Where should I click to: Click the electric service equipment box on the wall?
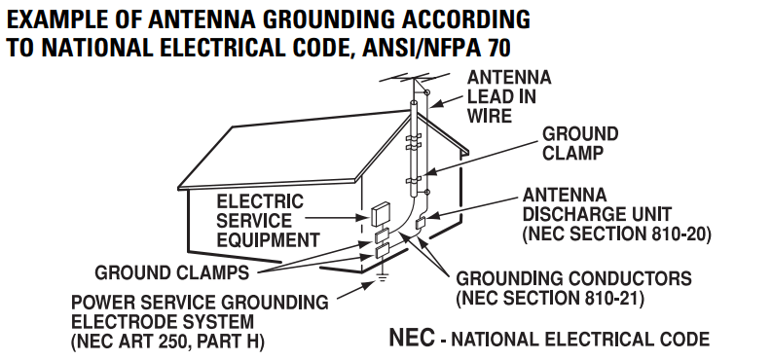pos(379,214)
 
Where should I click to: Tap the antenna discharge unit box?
pos(421,222)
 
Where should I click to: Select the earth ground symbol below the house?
pos(381,277)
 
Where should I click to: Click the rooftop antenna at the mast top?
pos(415,78)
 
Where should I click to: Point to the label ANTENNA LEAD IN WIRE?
pos(509,96)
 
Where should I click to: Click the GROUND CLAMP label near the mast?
pos(579,143)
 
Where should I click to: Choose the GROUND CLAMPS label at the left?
pos(172,272)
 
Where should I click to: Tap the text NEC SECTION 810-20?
pos(616,234)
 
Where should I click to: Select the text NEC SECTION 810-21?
pos(550,298)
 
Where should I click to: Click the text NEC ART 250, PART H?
pos(167,342)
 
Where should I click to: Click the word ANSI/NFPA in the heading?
pos(417,48)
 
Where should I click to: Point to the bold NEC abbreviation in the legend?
pos(412,338)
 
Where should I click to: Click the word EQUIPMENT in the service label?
pos(268,240)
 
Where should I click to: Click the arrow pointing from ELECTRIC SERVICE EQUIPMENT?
pos(337,217)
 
